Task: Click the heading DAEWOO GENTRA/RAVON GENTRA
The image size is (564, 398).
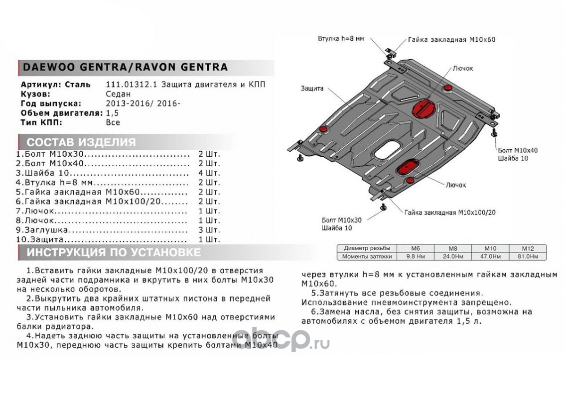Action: (x=125, y=67)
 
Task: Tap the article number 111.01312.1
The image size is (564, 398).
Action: (x=132, y=85)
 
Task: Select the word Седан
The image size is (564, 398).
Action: (x=118, y=94)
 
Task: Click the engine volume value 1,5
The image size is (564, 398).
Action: (x=112, y=113)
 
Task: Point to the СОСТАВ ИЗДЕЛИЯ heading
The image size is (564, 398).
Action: (x=81, y=142)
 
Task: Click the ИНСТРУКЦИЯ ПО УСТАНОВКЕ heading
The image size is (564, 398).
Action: (x=114, y=253)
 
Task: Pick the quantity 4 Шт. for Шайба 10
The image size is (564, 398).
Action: (x=209, y=173)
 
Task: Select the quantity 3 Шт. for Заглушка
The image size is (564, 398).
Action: (x=209, y=230)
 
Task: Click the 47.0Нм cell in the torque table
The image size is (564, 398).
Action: (x=490, y=257)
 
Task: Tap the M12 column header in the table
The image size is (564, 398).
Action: (x=528, y=248)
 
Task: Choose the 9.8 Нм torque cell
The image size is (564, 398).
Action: (x=416, y=257)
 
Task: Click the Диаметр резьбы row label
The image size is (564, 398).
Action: (x=367, y=248)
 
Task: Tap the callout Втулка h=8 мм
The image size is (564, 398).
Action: (x=341, y=38)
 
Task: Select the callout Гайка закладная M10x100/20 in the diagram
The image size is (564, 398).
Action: (x=449, y=212)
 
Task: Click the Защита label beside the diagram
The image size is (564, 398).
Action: (x=312, y=89)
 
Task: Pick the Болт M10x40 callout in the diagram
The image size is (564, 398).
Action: (x=518, y=151)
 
